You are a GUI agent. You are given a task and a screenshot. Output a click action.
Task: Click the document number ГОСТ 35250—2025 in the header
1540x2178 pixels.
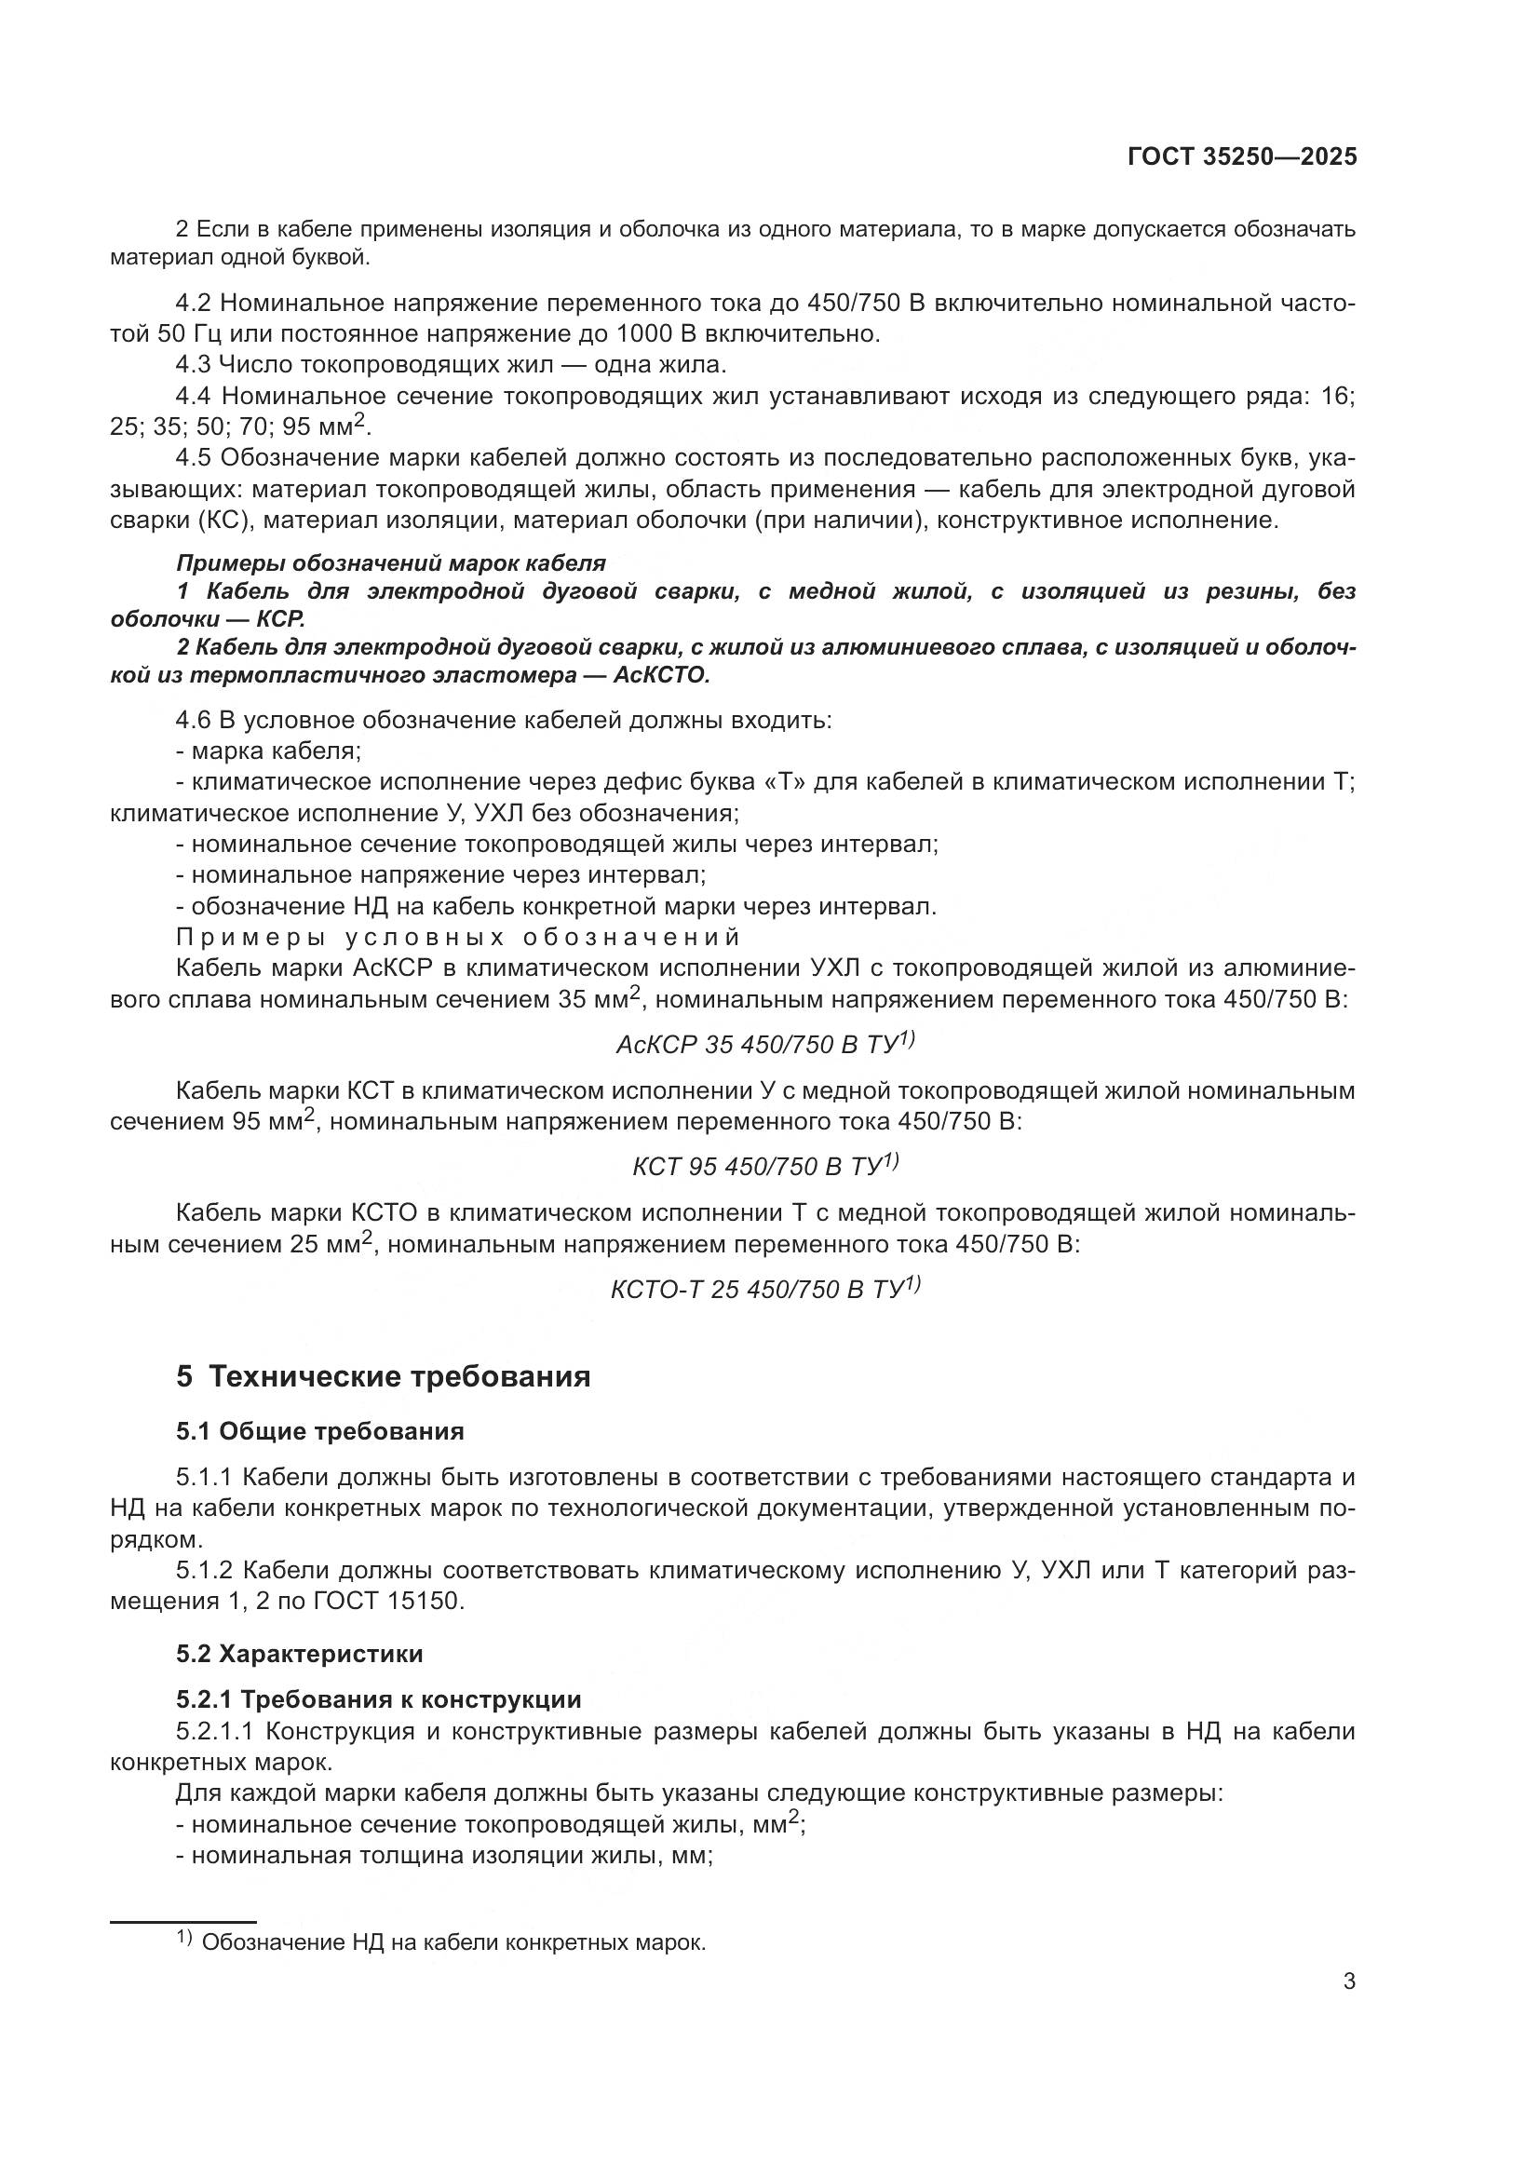pos(1242,157)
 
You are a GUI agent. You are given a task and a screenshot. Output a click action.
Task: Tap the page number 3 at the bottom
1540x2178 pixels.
pos(1348,1981)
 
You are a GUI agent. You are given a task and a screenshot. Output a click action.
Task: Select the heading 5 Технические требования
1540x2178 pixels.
pos(383,1376)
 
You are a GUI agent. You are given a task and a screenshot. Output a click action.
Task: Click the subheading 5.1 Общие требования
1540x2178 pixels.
pos(319,1430)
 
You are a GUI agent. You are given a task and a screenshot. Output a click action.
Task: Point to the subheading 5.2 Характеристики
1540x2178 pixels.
pos(299,1654)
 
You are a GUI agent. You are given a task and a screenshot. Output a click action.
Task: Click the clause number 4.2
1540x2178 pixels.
pos(195,304)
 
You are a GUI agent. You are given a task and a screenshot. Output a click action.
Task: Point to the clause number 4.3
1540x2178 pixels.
pos(195,364)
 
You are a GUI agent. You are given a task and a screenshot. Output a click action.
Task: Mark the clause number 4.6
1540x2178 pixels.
pos(195,720)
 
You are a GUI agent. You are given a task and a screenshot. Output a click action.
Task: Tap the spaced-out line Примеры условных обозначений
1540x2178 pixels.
pos(458,938)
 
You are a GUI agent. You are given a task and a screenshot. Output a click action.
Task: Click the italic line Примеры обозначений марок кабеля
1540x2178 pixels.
pos(391,563)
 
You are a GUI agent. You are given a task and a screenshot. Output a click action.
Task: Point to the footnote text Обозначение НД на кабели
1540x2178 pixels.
pos(453,1942)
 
